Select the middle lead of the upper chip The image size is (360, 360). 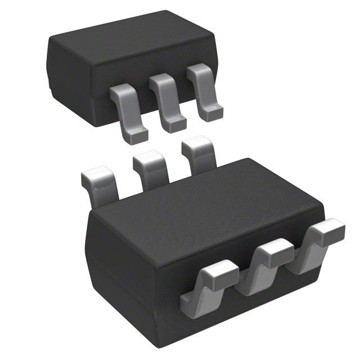[x=166, y=101]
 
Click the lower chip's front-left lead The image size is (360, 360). [x=211, y=287]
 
